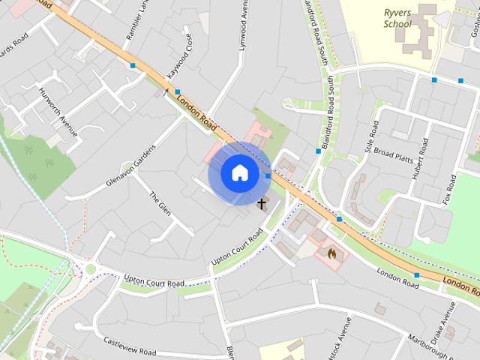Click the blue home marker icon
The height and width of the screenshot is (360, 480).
tap(238, 172)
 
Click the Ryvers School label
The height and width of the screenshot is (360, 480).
tap(397, 18)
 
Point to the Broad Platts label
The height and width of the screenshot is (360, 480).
tap(394, 154)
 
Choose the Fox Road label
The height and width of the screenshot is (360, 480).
tap(450, 190)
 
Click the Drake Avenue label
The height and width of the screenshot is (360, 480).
tap(447, 320)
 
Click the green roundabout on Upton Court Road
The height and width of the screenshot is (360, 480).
tap(91, 268)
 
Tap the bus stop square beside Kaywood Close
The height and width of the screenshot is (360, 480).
tap(178, 91)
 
